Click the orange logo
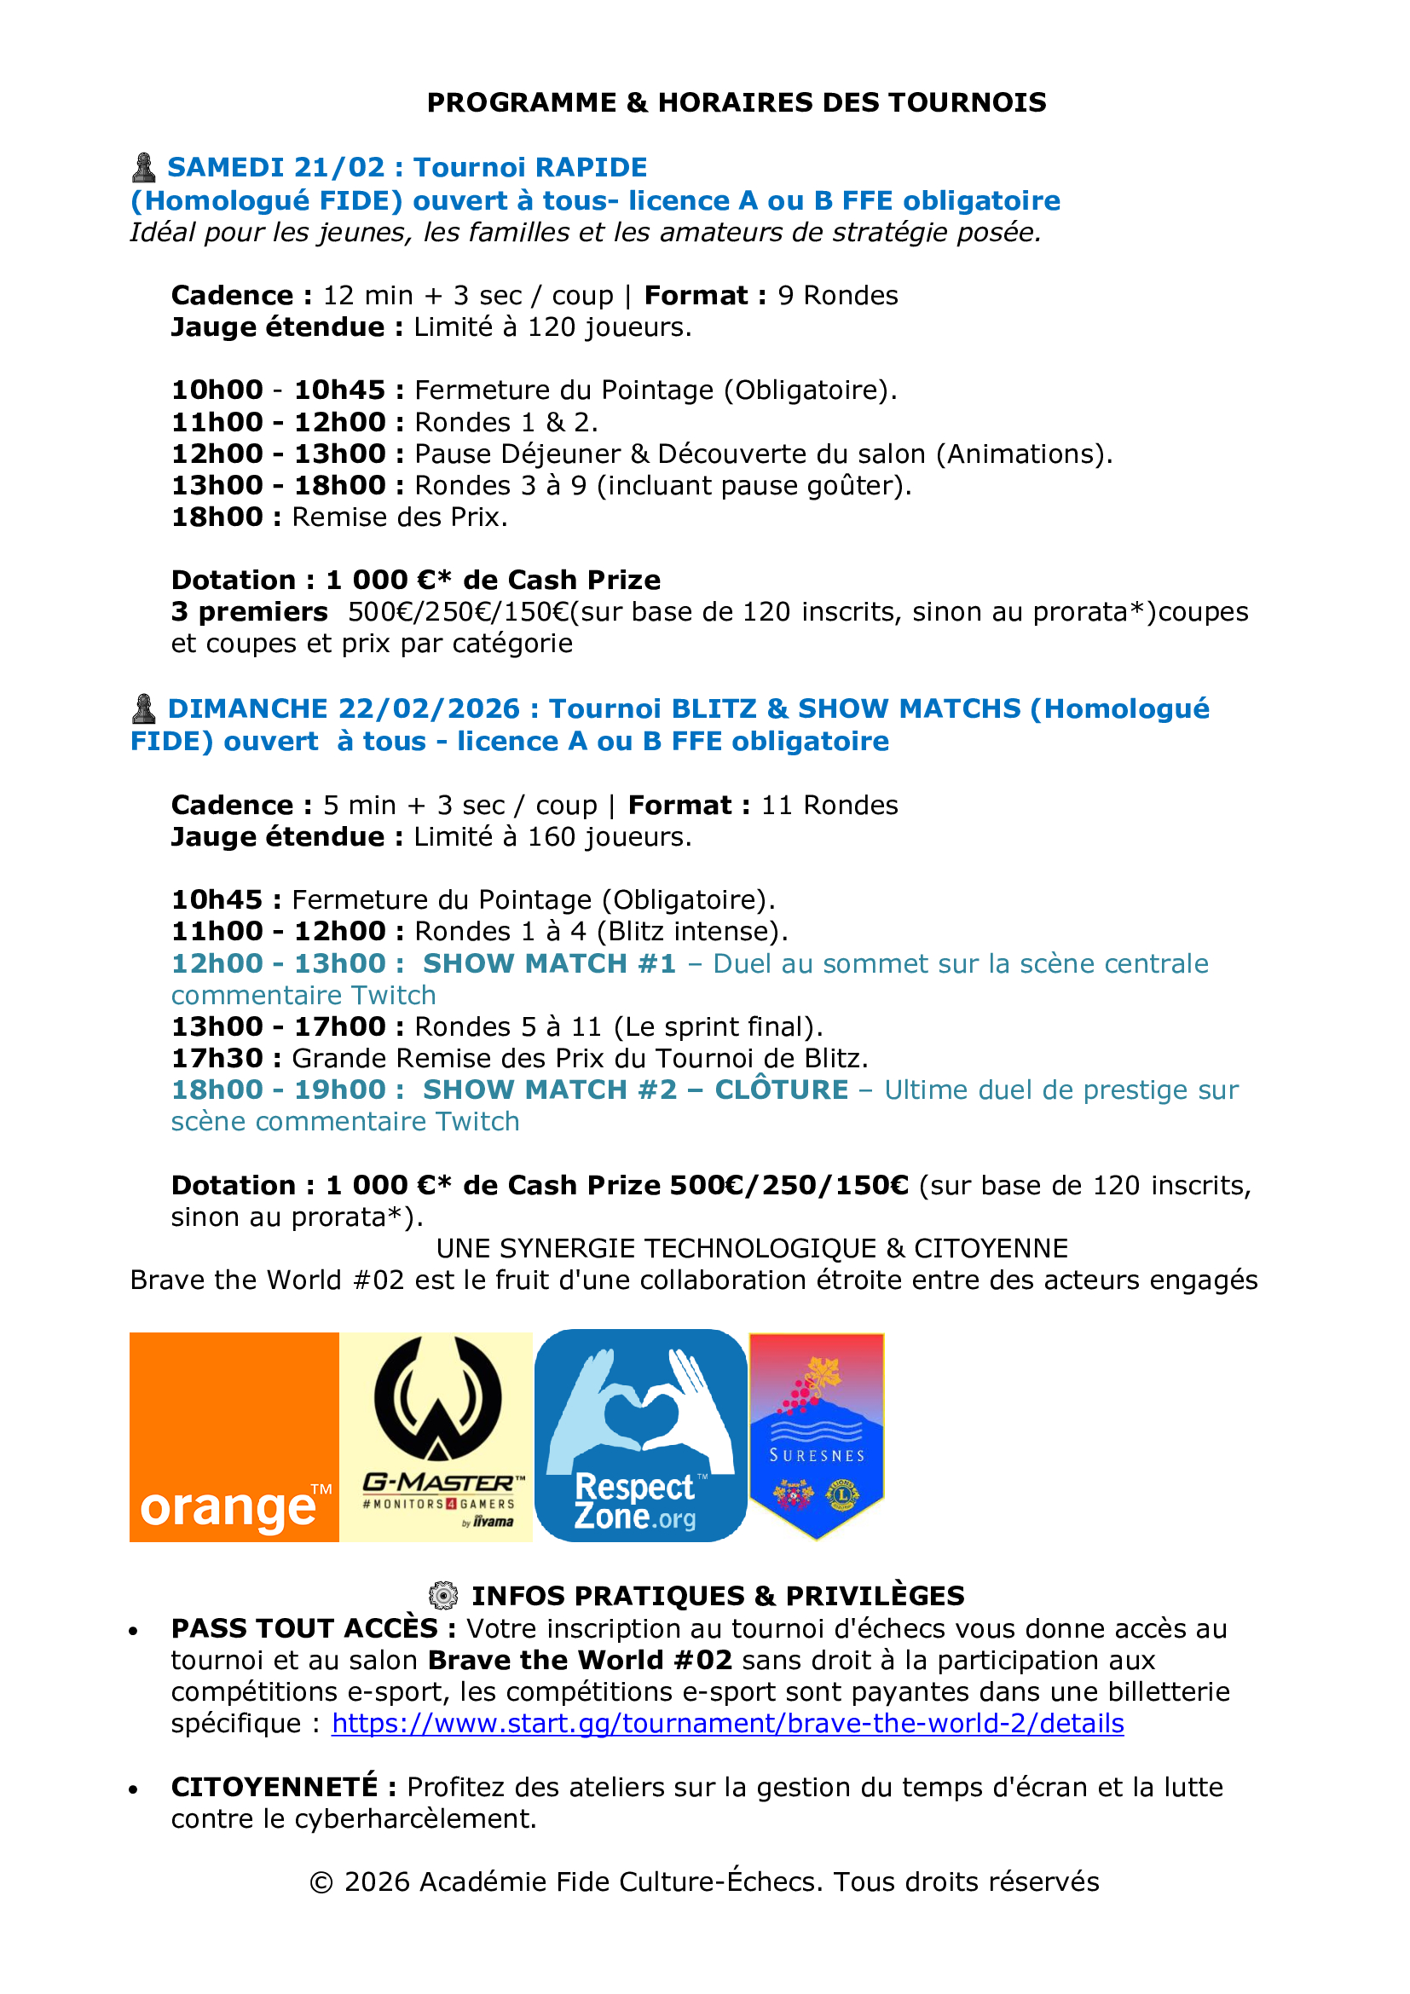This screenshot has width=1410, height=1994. coord(234,1436)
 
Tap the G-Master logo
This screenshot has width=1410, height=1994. coord(436,1436)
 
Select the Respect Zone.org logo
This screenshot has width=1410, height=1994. coord(640,1436)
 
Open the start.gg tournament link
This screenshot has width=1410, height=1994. coord(727,1723)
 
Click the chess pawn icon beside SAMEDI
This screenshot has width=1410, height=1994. coord(143,168)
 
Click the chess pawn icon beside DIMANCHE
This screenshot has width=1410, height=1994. coord(143,708)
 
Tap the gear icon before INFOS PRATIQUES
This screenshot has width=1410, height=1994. coord(442,1595)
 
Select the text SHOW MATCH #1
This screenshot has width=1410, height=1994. coord(549,963)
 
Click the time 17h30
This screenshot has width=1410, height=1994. coord(217,1058)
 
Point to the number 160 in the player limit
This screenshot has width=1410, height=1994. coord(552,836)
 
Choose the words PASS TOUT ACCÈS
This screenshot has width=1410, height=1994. coord(303,1628)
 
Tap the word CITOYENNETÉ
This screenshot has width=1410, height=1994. coord(274,1788)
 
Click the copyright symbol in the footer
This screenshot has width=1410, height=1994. coord(321,1882)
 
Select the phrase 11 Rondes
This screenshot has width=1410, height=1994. coord(829,805)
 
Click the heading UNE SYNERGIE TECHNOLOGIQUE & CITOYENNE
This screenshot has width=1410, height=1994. coord(752,1248)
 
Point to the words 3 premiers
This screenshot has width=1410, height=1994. coord(249,611)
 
